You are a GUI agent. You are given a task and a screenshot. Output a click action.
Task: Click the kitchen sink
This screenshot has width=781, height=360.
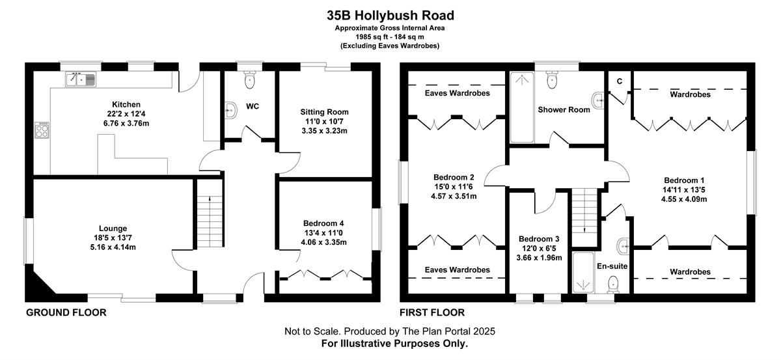click(81, 79)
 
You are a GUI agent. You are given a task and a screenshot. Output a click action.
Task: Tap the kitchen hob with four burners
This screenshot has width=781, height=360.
click(42, 130)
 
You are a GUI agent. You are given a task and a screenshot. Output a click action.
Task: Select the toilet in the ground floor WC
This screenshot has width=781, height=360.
click(250, 80)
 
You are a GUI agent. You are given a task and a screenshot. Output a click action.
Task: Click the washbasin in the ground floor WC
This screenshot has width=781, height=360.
click(230, 111)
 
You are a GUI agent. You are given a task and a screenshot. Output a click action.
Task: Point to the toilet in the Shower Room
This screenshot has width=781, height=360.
click(552, 80)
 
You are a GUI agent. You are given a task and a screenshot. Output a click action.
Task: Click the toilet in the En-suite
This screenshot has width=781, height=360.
click(613, 284)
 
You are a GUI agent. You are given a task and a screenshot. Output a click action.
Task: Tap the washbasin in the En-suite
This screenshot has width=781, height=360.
click(623, 247)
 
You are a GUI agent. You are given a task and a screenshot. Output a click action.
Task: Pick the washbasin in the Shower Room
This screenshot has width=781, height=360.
click(598, 101)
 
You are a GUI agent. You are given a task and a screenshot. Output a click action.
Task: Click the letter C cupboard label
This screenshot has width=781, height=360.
click(619, 81)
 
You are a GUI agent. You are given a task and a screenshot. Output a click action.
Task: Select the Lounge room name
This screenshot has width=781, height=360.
click(113, 228)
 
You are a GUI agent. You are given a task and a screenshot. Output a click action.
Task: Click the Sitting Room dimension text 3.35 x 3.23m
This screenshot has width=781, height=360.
click(324, 131)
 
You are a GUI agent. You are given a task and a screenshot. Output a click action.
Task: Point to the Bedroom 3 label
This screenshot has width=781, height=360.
click(539, 239)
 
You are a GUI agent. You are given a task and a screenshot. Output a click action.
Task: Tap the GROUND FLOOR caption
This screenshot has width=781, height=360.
click(66, 312)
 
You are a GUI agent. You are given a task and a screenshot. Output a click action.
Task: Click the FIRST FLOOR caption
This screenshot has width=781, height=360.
click(432, 312)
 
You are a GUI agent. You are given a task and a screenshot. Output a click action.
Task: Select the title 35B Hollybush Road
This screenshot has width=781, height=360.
click(390, 16)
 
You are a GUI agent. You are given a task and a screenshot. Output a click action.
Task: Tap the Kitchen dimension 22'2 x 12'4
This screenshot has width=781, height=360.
click(126, 114)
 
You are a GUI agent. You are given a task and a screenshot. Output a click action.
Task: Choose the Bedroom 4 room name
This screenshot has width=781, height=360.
click(323, 223)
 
